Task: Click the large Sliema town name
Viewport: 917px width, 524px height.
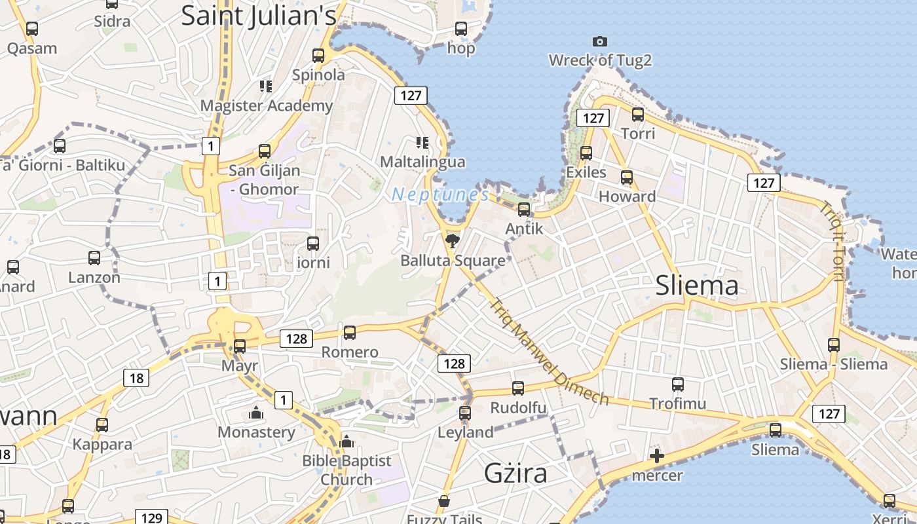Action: (x=697, y=286)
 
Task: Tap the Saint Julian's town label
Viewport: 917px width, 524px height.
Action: (x=259, y=16)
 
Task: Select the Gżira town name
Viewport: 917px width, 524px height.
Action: (x=515, y=472)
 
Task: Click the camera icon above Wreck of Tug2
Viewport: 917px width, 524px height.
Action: (x=599, y=42)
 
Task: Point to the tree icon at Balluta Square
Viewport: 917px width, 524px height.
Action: (x=452, y=241)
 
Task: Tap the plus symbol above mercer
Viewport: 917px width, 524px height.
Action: (x=657, y=456)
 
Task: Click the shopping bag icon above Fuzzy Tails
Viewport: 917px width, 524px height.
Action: (x=444, y=502)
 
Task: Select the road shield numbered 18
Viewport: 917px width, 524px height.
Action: (x=136, y=378)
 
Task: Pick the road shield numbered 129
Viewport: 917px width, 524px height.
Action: (x=151, y=517)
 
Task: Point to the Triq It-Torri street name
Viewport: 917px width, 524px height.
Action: (x=833, y=242)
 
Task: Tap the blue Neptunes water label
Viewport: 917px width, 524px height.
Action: (x=440, y=195)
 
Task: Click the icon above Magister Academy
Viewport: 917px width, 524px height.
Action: (x=265, y=86)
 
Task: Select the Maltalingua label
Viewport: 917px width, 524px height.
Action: (x=422, y=162)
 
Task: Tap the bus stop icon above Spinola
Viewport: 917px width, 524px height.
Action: (x=318, y=56)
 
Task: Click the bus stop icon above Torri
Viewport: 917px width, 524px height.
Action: (x=637, y=115)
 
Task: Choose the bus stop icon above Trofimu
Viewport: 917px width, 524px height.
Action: (x=678, y=384)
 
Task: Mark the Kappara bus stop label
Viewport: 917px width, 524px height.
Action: (x=102, y=444)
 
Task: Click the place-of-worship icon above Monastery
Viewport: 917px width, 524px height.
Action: (x=255, y=413)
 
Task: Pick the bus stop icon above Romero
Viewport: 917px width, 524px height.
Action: (x=350, y=333)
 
